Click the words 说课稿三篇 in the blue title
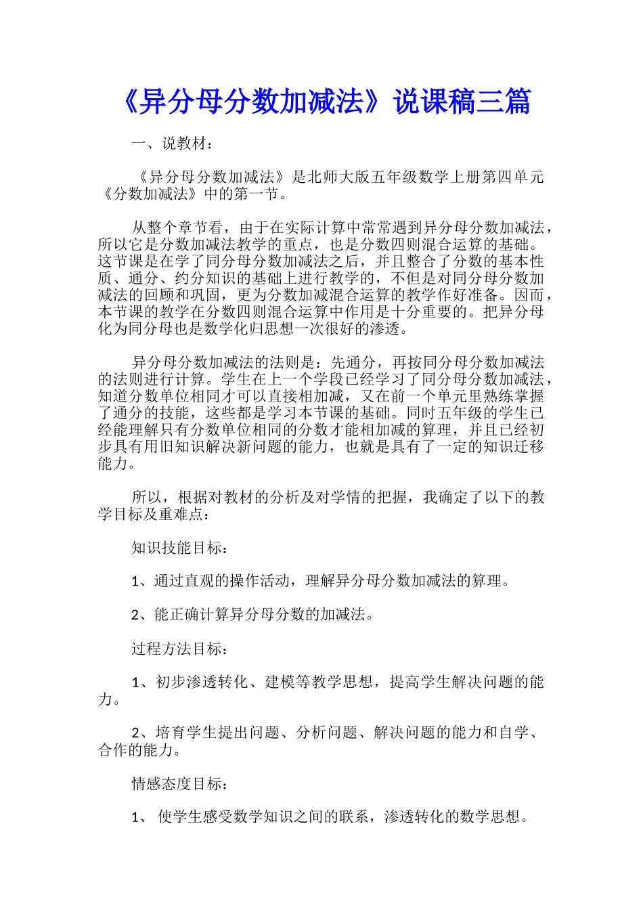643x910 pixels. tap(463, 102)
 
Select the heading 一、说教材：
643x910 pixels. tap(173, 144)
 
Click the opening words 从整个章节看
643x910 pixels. tap(177, 227)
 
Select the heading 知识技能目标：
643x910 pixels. tap(180, 548)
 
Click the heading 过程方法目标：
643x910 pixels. tap(180, 649)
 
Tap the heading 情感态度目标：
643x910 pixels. tap(180, 783)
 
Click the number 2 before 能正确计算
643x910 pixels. tap(136, 615)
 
